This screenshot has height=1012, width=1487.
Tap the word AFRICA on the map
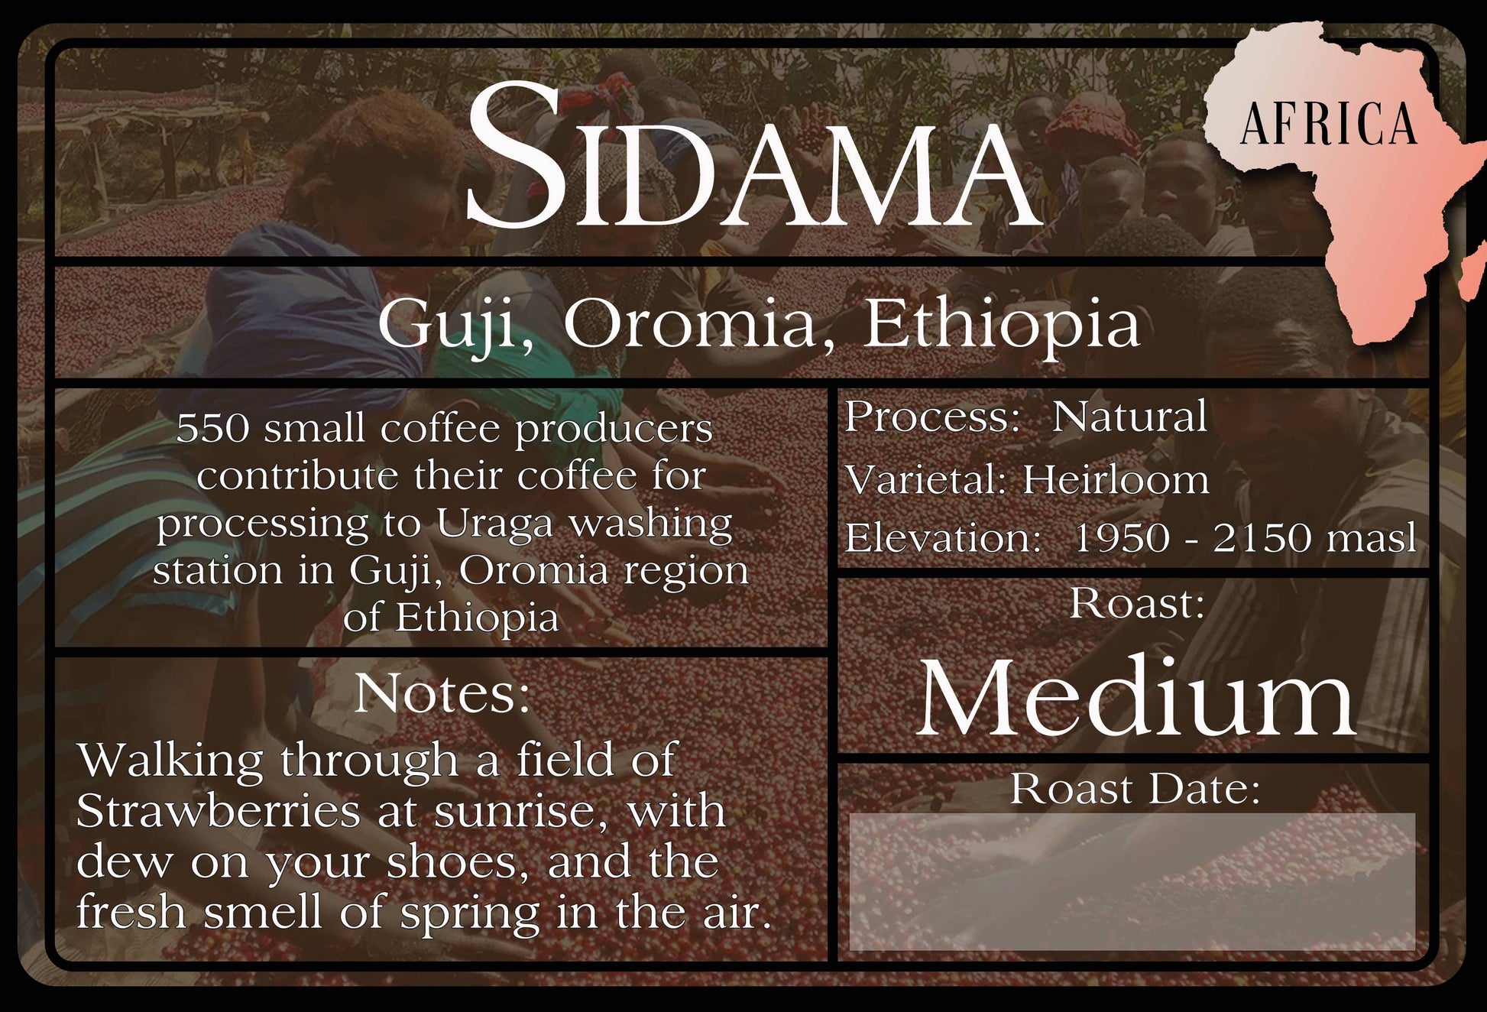pos(1329,124)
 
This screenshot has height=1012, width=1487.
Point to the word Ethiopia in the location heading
pos(1001,324)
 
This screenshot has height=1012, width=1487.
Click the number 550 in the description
pos(212,428)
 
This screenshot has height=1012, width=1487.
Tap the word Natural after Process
pos(1129,417)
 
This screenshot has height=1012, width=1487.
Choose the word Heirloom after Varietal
pos(1116,480)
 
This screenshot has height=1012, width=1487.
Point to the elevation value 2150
pos(1262,538)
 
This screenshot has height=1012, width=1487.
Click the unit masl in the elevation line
pos(1372,538)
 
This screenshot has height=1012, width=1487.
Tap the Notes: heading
pos(442,694)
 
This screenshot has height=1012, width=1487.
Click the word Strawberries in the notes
pos(219,811)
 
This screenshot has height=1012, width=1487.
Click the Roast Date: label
pos(1135,789)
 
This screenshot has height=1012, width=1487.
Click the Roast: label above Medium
pos(1137,603)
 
